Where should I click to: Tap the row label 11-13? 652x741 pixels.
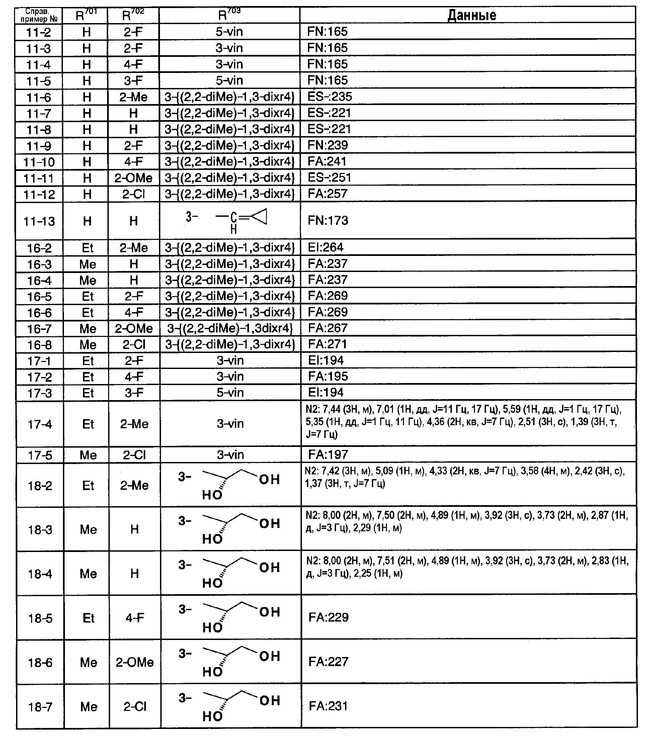point(39,221)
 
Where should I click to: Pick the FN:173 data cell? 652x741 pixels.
point(328,220)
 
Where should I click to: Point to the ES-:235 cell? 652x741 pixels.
point(330,97)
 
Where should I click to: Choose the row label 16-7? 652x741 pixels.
point(39,329)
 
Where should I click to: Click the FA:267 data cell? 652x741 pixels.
point(328,328)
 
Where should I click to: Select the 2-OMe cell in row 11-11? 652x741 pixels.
point(134,178)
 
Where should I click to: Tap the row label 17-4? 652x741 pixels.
point(40,424)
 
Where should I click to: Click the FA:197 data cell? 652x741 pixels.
point(328,455)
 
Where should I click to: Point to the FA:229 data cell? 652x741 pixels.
point(328,617)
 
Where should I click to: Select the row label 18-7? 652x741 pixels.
point(40,707)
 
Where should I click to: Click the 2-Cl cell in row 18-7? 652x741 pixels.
point(135,707)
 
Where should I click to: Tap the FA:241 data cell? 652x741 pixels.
point(327,161)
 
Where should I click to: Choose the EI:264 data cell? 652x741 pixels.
point(325,248)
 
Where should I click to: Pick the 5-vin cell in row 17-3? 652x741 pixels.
point(230,393)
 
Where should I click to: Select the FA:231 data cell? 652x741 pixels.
point(328,706)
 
